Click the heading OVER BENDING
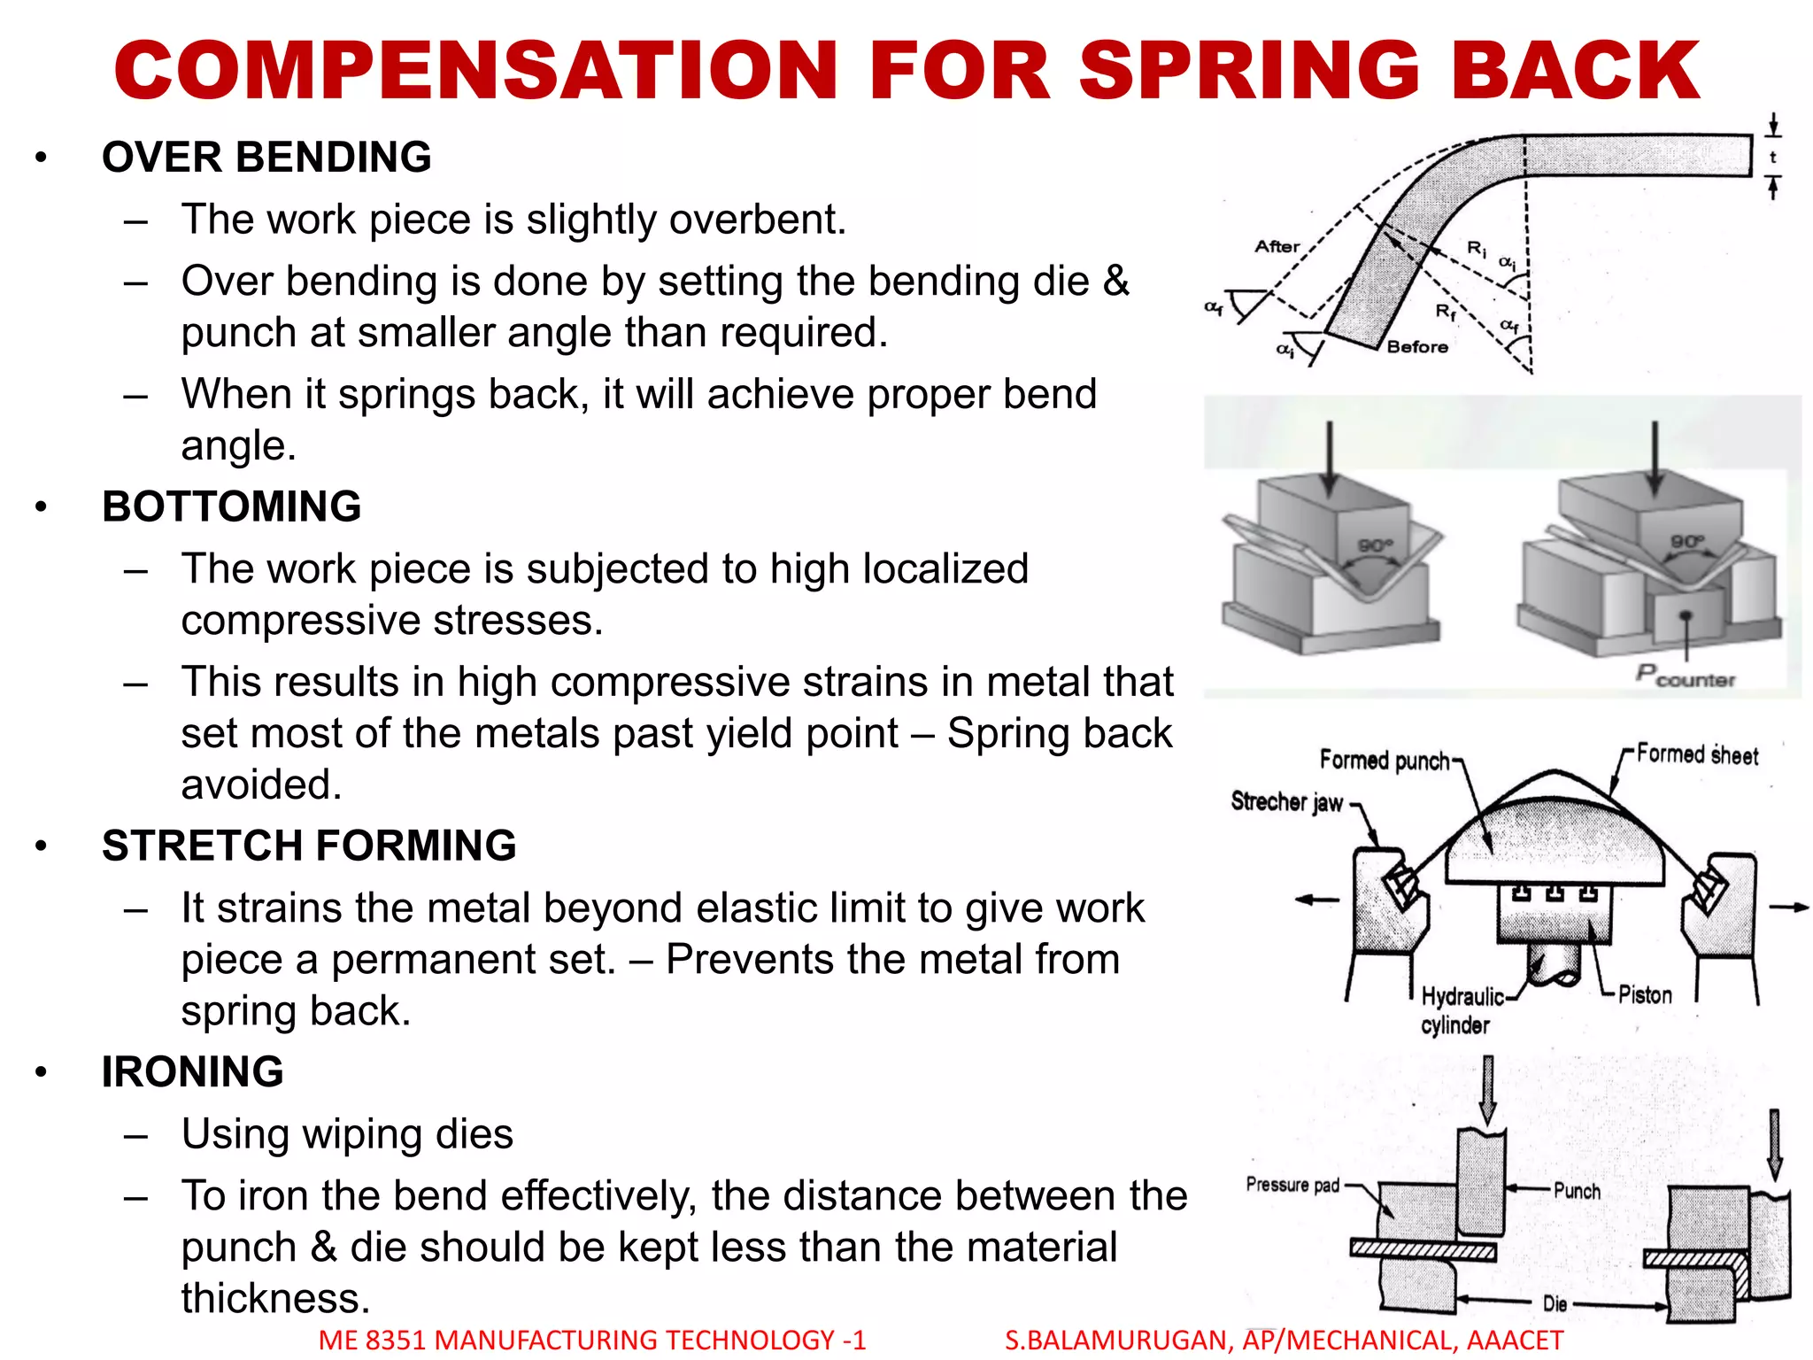pyautogui.click(x=266, y=158)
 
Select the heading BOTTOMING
pyautogui.click(x=232, y=507)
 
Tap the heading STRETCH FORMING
pyautogui.click(x=309, y=846)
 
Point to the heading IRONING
pyautogui.click(x=193, y=1072)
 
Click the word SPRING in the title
pyautogui.click(x=1250, y=71)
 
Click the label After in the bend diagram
pyautogui.click(x=1277, y=247)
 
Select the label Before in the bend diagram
pyautogui.click(x=1417, y=347)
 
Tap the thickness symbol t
pyautogui.click(x=1772, y=158)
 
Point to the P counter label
pyautogui.click(x=1685, y=676)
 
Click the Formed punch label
pyautogui.click(x=1385, y=761)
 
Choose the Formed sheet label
pyautogui.click(x=1697, y=755)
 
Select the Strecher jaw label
pyautogui.click(x=1286, y=802)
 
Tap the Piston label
pyautogui.click(x=1645, y=995)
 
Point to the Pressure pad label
pyautogui.click(x=1292, y=1185)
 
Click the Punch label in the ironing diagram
pyautogui.click(x=1577, y=1191)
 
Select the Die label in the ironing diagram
pyautogui.click(x=1555, y=1303)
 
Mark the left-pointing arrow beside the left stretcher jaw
pyautogui.click(x=1317, y=900)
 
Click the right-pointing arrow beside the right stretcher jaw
pyautogui.click(x=1787, y=908)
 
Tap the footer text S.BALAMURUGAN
pyautogui.click(x=1117, y=1341)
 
